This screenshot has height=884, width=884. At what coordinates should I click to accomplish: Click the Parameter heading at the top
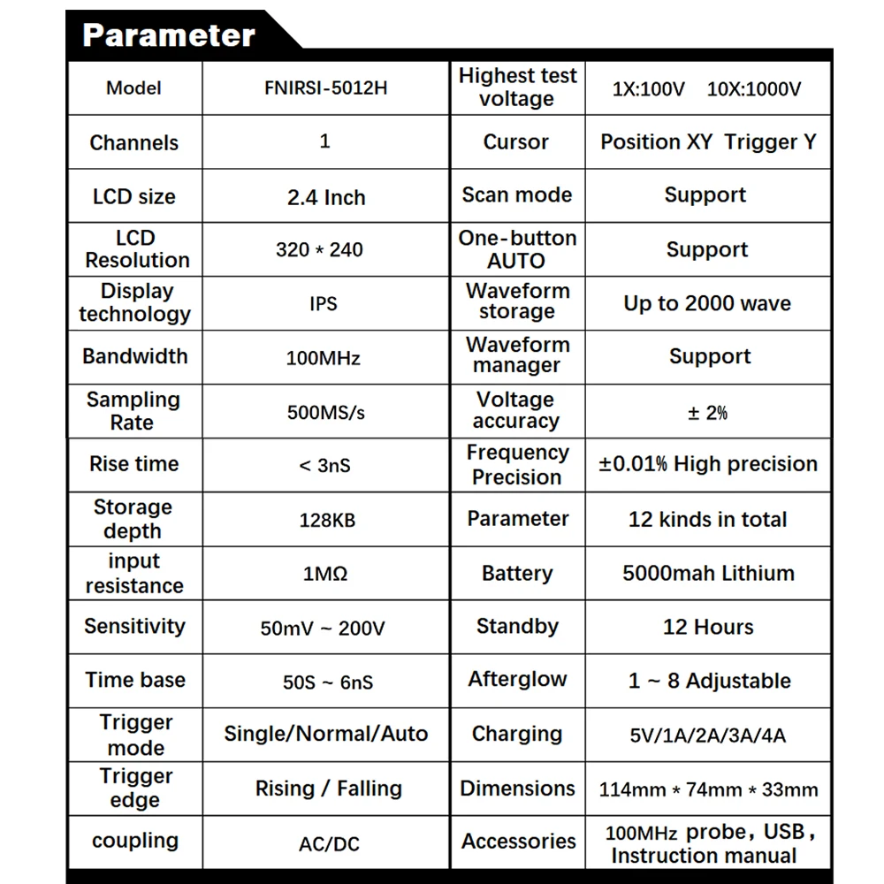click(168, 35)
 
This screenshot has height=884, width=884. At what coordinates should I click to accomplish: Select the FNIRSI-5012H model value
click(325, 88)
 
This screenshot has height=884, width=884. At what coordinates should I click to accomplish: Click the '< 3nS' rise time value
click(324, 465)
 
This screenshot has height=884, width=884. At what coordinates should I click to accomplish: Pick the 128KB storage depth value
click(326, 520)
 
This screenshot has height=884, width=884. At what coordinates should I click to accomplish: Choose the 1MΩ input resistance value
click(325, 574)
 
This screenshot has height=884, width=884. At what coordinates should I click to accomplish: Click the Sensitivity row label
click(134, 627)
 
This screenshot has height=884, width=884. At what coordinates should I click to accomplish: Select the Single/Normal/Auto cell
click(325, 734)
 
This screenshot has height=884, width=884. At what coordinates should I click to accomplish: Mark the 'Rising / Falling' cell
click(328, 789)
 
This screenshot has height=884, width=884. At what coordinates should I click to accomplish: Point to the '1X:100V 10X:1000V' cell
click(706, 89)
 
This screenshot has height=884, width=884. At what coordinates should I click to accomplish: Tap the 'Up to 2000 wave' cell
click(707, 304)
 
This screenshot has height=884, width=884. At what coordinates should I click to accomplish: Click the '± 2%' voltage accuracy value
click(707, 413)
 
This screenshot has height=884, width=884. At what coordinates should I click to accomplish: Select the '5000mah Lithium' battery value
click(708, 573)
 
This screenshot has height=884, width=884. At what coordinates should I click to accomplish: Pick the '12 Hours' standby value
click(708, 628)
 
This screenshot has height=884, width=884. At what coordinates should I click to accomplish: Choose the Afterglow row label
click(517, 680)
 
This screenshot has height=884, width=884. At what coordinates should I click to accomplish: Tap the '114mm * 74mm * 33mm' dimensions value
click(708, 789)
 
